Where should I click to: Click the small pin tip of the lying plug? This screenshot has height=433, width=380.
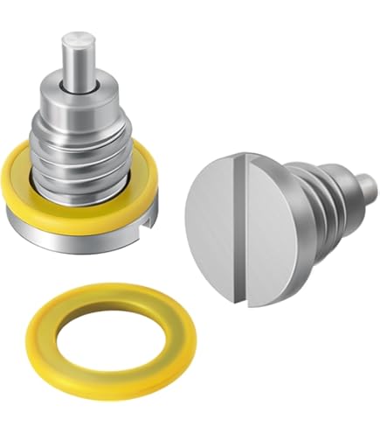click(368, 186)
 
